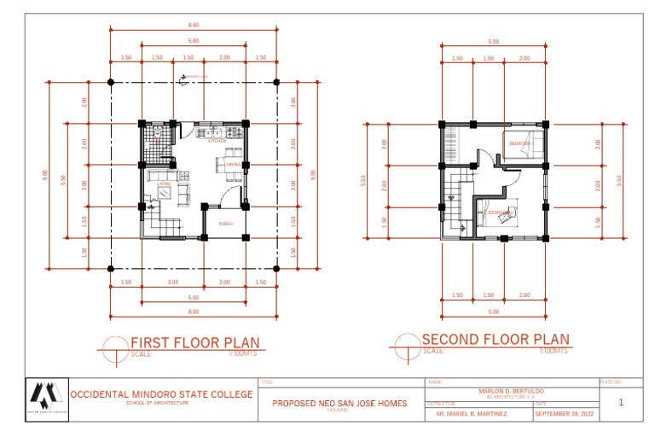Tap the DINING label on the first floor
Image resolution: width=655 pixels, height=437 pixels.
(x=233, y=164)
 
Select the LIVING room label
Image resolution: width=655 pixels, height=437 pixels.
(x=162, y=184)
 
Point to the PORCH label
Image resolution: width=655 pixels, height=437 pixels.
(x=226, y=224)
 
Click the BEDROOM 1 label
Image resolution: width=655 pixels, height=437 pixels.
(x=519, y=143)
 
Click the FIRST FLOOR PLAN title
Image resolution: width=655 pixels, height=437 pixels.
(x=194, y=343)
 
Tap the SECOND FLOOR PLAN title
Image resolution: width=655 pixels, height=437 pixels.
(x=496, y=339)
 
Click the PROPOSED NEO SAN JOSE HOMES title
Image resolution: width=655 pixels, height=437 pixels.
(x=339, y=403)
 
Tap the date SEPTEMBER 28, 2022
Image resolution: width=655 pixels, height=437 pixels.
(x=564, y=414)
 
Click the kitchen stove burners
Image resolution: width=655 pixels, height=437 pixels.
(x=231, y=133)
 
